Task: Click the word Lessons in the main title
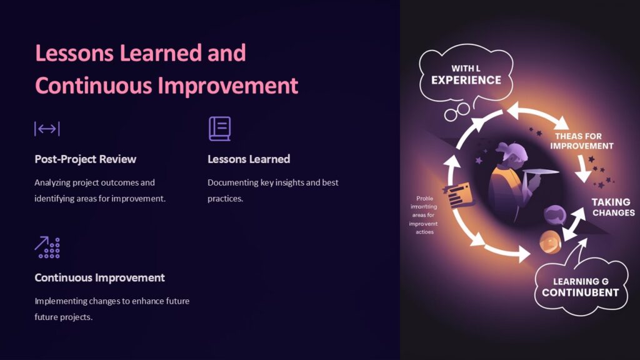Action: coord(74,54)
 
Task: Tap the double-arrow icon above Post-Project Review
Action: coord(47,129)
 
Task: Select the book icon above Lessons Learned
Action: coord(219,129)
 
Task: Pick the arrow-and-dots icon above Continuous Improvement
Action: coord(47,247)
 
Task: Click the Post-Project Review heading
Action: coord(85,159)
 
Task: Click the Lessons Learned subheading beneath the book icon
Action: coord(249,159)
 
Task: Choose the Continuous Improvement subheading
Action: coord(99,277)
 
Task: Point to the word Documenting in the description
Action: coord(232,182)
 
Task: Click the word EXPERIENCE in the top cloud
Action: coord(466,80)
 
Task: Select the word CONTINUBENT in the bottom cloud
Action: coord(580,292)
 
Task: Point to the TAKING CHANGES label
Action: coord(612,207)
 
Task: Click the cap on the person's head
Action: coord(507,150)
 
